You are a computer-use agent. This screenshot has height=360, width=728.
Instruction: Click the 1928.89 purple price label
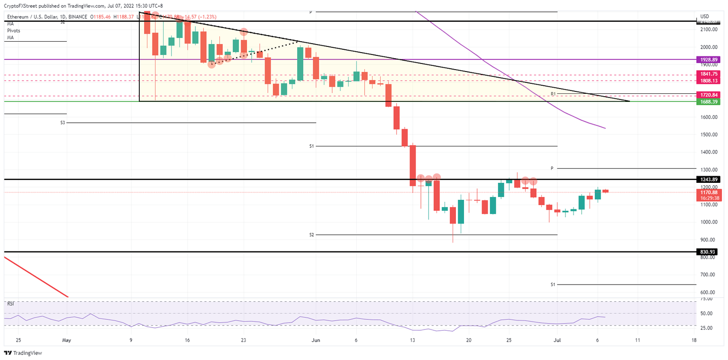click(x=708, y=60)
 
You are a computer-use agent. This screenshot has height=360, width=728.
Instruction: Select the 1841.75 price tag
click(x=708, y=74)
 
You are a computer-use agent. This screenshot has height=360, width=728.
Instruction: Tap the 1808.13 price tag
click(x=708, y=81)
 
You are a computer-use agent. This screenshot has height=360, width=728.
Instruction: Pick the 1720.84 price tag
click(x=708, y=95)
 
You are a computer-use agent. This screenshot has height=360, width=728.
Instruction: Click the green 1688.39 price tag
click(x=708, y=102)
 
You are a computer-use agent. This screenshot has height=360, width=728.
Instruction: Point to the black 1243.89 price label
click(x=708, y=180)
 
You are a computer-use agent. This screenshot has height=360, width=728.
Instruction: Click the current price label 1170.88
click(x=708, y=192)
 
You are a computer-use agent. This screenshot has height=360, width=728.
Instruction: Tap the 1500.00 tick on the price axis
click(x=708, y=135)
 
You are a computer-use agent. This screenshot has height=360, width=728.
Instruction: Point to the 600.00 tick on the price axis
click(x=707, y=293)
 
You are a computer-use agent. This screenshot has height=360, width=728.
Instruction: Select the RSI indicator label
click(x=10, y=304)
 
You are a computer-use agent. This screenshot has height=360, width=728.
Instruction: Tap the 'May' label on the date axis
click(x=66, y=340)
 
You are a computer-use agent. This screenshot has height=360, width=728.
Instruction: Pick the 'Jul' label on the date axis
click(x=557, y=340)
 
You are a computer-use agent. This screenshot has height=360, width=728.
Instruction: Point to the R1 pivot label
click(x=553, y=94)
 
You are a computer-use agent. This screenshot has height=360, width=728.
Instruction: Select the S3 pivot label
click(x=63, y=123)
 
